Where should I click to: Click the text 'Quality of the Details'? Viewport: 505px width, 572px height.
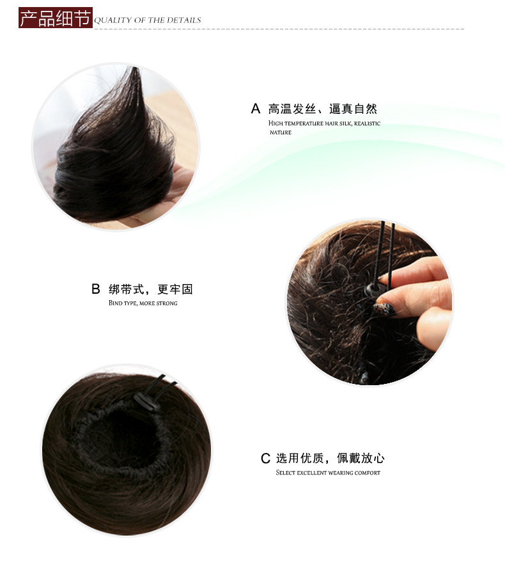[148, 20]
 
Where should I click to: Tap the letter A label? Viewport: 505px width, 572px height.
[256, 108]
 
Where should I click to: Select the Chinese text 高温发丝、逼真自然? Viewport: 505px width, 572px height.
[323, 109]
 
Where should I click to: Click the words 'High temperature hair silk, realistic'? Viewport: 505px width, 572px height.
[324, 123]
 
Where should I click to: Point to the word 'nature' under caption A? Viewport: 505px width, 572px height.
[280, 132]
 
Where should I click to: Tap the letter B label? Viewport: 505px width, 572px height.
[96, 289]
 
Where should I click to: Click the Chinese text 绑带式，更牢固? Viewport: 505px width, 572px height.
[151, 289]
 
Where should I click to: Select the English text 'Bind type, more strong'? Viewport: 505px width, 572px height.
[143, 303]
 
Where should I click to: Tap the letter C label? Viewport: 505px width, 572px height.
[265, 458]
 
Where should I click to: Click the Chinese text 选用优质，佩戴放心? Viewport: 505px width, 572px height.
[330, 458]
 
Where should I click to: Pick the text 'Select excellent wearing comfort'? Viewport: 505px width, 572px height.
[328, 473]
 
